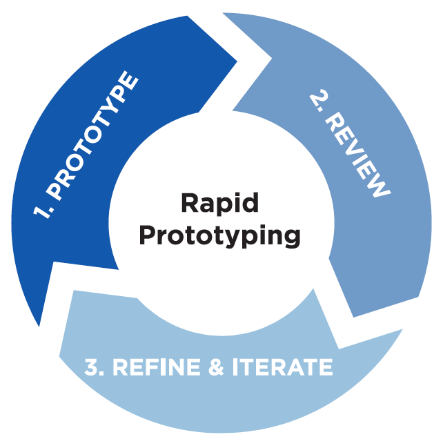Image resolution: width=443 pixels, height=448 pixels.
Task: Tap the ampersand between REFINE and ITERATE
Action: point(217,367)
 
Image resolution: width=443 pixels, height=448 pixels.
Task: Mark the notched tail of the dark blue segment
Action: point(117,266)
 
